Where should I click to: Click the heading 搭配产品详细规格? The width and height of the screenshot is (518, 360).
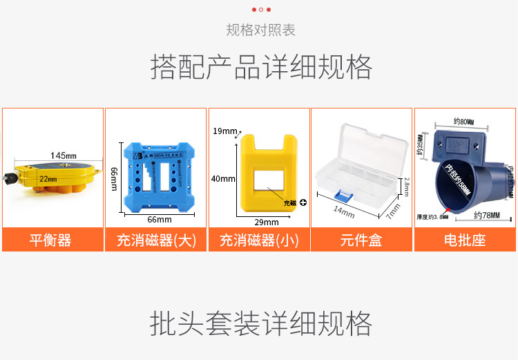pyautogui.click(x=261, y=67)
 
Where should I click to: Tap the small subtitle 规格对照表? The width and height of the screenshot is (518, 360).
pyautogui.click(x=260, y=30)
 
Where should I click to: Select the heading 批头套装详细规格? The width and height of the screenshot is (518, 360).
pyautogui.click(x=260, y=323)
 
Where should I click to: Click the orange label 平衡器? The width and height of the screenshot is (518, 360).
pyautogui.click(x=52, y=240)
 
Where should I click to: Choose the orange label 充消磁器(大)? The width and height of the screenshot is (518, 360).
pyautogui.click(x=155, y=240)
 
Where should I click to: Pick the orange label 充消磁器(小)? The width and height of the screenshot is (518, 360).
pyautogui.click(x=259, y=240)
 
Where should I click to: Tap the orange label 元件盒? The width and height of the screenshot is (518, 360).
pyautogui.click(x=361, y=240)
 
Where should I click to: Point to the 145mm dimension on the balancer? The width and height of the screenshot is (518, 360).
pyautogui.click(x=64, y=155)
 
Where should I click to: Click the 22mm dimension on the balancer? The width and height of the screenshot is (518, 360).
pyautogui.click(x=48, y=179)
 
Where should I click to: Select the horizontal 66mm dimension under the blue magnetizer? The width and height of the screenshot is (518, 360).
pyautogui.click(x=160, y=220)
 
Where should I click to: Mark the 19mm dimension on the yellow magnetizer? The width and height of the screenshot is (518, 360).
pyautogui.click(x=224, y=131)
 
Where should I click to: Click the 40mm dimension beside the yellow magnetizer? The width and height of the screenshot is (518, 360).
pyautogui.click(x=223, y=179)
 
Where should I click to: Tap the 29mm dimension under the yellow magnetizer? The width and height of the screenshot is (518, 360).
pyautogui.click(x=267, y=222)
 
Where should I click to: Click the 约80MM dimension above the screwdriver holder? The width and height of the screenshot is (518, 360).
pyautogui.click(x=463, y=122)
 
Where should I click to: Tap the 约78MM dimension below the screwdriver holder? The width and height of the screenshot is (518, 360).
pyautogui.click(x=486, y=216)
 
